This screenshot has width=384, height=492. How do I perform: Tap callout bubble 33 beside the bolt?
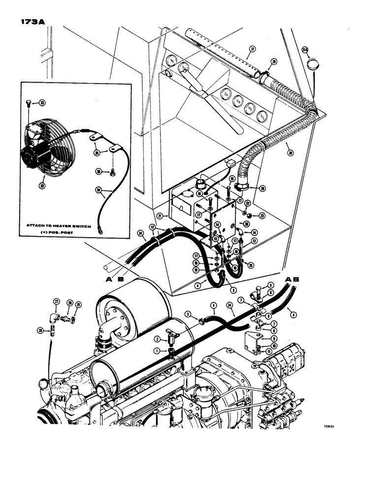click(42, 103)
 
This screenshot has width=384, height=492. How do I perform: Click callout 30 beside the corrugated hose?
click(290, 153)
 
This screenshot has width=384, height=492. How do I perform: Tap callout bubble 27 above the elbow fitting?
click(56, 302)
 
